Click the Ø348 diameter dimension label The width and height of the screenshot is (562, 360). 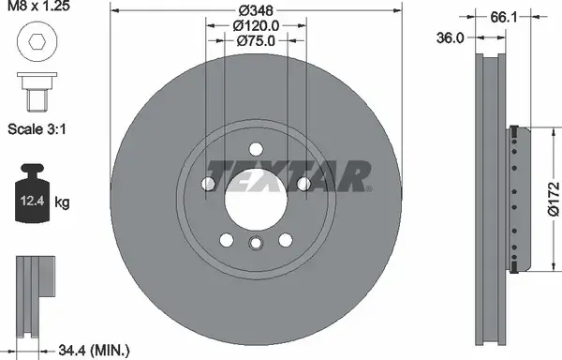click(256, 10)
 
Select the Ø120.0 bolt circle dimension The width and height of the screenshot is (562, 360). click(256, 26)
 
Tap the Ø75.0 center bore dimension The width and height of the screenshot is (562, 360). click(256, 41)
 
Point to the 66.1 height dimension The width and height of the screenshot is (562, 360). click(504, 17)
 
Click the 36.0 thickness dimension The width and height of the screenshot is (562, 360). click(451, 37)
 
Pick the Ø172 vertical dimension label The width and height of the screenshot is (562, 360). click(554, 199)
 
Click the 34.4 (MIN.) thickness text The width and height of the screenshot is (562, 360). click(94, 350)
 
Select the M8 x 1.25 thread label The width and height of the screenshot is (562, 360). click(38, 6)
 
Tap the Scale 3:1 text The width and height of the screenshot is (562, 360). click(37, 129)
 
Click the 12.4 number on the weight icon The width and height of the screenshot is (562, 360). click(32, 201)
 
